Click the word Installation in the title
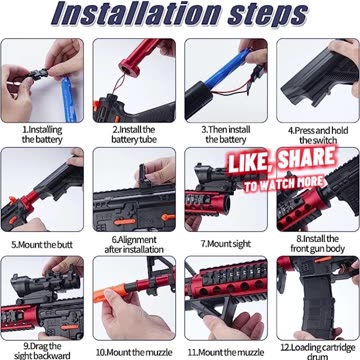pyautogui.click(x=135, y=14)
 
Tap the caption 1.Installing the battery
pyautogui.click(x=42, y=135)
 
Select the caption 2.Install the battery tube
pyautogui.click(x=134, y=135)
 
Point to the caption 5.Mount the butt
pyautogui.click(x=42, y=245)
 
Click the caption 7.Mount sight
pyautogui.click(x=226, y=244)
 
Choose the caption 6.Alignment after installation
pyautogui.click(x=134, y=245)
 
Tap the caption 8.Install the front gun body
pyautogui.click(x=317, y=244)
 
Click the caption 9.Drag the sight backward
pyautogui.click(x=42, y=351)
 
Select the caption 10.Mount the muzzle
pyautogui.click(x=134, y=352)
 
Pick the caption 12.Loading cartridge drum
pyautogui.click(x=318, y=352)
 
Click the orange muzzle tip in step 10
pyautogui.click(x=112, y=293)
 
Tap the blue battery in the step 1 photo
pyautogui.click(x=68, y=99)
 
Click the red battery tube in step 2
pyautogui.click(x=139, y=56)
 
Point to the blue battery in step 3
pyautogui.click(x=227, y=70)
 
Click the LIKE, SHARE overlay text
pyautogui.click(x=281, y=161)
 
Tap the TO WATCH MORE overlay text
pyautogui.click(x=284, y=183)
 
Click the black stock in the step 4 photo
pyautogui.click(x=320, y=79)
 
